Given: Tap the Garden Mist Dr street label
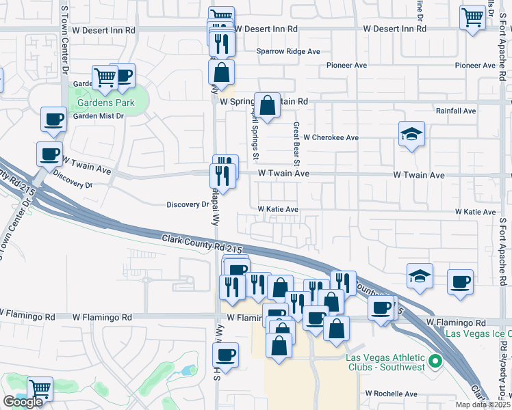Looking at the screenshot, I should [98, 116].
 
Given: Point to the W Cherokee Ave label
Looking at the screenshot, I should [331, 137].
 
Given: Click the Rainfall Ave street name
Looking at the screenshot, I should [456, 111].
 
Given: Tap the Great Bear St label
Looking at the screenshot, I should [297, 144].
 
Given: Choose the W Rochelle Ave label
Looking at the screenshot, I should [391, 394].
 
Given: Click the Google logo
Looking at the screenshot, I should [23, 401].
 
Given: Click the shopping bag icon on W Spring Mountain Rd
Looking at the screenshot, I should [268, 105].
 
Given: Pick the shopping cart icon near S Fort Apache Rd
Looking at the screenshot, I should [472, 18].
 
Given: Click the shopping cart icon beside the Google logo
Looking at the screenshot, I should [40, 389].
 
